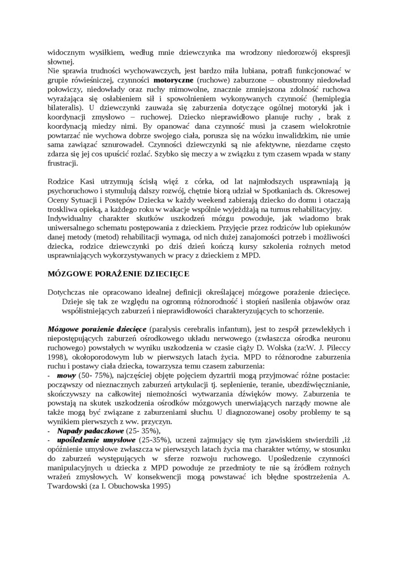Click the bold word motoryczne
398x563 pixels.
point(174,81)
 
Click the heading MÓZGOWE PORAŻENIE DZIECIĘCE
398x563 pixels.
point(118,274)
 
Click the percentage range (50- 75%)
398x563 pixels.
point(94,376)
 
